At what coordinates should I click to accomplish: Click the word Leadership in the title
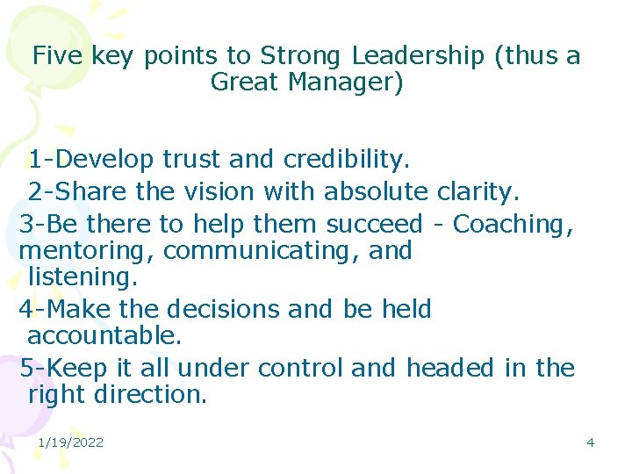click(418, 56)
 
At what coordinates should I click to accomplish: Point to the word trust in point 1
click(190, 160)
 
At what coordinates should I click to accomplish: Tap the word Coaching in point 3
click(513, 225)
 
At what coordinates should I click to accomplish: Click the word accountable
click(104, 336)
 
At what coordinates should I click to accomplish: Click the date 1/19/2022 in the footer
click(70, 442)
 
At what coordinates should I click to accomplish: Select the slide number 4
click(590, 442)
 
